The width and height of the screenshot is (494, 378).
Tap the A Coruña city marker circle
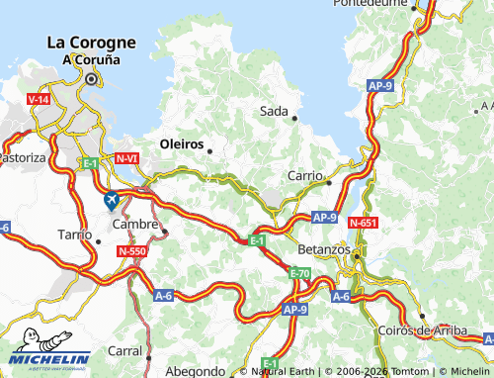coord(91,78)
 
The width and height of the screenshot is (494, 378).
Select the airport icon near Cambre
coord(112,200)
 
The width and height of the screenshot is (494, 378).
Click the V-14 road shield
coord(39,100)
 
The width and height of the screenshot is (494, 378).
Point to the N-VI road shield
coord(126,158)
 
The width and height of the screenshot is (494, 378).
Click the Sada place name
coord(274,111)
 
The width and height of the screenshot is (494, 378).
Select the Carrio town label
coord(305,175)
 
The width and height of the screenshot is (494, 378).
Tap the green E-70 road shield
coord(299,273)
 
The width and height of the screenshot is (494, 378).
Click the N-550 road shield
coord(132,252)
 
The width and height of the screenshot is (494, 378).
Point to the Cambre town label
coord(135,225)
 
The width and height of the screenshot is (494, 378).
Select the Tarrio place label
coord(74,235)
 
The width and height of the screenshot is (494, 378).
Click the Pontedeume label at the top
coord(370,4)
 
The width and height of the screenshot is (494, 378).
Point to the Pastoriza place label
coord(22,157)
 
